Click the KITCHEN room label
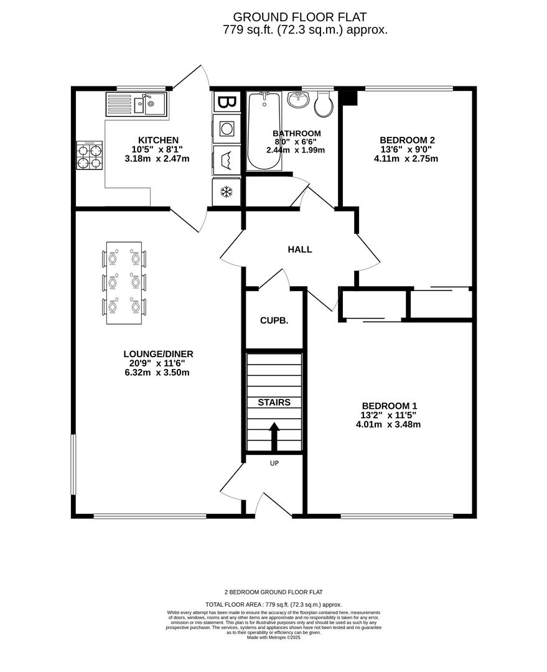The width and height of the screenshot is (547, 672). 158,140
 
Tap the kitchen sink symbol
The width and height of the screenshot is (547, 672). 136,104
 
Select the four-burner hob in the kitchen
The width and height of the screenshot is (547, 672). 90,156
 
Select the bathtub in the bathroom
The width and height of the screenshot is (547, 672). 264,131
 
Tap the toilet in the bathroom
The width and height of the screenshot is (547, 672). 324,105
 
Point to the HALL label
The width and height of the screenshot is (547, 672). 300,250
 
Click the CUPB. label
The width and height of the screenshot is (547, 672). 274,321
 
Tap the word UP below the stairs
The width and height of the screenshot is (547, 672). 274,463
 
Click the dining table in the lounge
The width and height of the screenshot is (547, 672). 124,282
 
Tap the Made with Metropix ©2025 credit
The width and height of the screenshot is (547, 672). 274,637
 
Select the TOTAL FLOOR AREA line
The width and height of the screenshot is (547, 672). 274,604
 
